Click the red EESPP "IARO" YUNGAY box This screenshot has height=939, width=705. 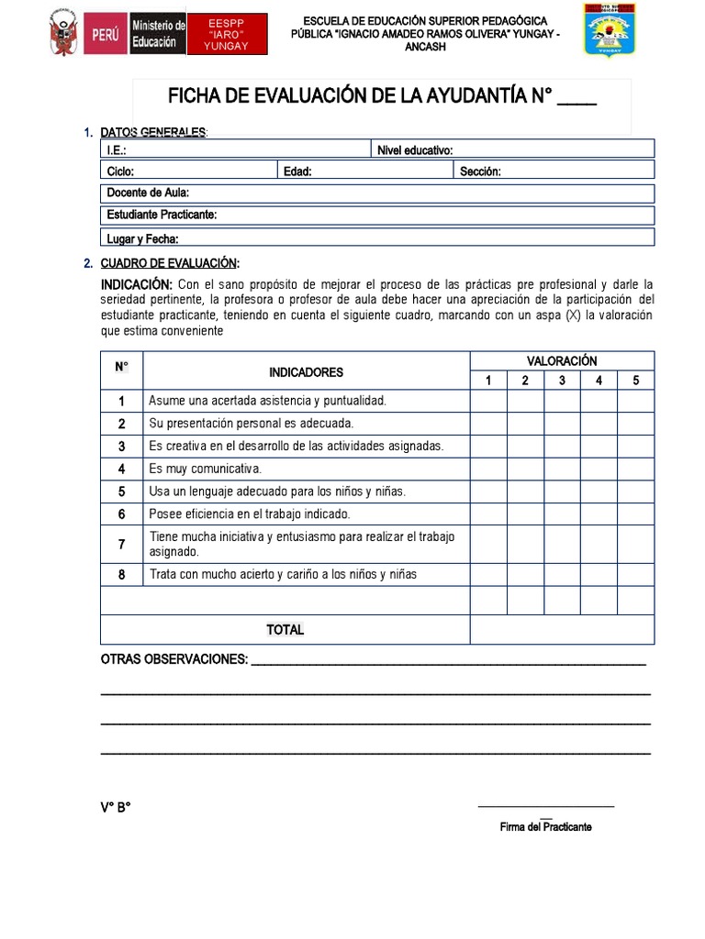pyautogui.click(x=227, y=35)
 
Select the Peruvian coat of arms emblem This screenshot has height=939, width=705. pyautogui.click(x=63, y=35)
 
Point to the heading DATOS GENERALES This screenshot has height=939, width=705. pyautogui.click(x=153, y=133)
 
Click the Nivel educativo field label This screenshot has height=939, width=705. pyautogui.click(x=415, y=150)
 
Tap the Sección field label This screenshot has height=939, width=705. pyautogui.click(x=480, y=171)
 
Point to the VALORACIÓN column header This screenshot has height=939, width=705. pyautogui.click(x=562, y=361)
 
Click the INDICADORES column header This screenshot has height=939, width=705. pyautogui.click(x=306, y=372)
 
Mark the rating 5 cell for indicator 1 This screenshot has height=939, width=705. pyautogui.click(x=635, y=401)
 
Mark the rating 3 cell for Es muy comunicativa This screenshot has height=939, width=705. pyautogui.click(x=562, y=469)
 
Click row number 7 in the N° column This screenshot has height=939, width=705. pyautogui.click(x=121, y=545)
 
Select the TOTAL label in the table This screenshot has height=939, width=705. pyautogui.click(x=285, y=630)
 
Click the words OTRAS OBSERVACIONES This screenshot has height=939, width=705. pyautogui.click(x=173, y=659)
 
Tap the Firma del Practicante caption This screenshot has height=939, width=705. pyautogui.click(x=545, y=826)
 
